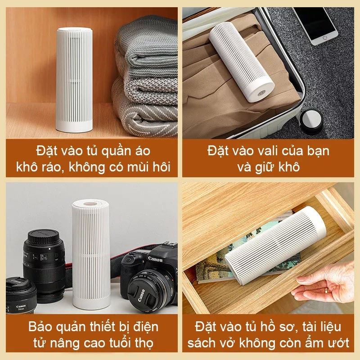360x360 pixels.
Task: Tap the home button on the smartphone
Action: (324, 37)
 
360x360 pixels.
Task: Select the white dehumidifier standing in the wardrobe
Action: (74, 80)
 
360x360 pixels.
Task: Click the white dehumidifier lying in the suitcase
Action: (241, 62)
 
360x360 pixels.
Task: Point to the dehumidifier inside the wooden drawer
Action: (275, 245)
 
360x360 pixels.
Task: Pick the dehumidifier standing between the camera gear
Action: (91, 254)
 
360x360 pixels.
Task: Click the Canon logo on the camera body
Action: (155, 259)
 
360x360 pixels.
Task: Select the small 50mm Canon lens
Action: (21, 296)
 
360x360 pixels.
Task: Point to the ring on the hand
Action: (326, 291)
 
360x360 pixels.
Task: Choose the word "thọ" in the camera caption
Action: (144, 343)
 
